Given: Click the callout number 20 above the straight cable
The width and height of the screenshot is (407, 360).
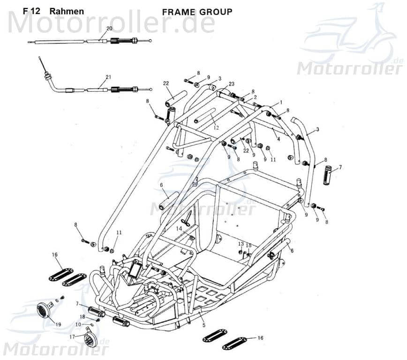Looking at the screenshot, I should pos(109,29).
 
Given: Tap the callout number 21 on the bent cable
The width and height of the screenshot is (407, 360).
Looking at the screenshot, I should pos(108,77).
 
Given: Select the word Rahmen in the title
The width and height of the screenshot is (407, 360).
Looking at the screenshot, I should pos(67,11).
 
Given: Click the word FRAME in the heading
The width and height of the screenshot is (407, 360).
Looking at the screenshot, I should pos(179,12).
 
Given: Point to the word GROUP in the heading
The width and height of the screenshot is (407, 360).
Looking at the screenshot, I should pos(215,12).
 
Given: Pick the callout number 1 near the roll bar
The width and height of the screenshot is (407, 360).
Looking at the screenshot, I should pos(281,102).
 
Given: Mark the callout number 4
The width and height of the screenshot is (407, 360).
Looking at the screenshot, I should pos(278,139).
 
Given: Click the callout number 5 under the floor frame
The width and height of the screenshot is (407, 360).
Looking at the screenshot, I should pos(203,325).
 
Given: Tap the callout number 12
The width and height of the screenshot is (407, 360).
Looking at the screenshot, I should pos(216,127).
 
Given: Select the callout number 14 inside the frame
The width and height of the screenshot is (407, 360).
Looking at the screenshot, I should pos(179,228).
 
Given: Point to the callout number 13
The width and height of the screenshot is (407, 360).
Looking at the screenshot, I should pos(241,244).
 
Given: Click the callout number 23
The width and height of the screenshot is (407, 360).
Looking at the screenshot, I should pos(232,84).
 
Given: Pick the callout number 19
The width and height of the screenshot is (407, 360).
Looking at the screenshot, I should pos(58,324).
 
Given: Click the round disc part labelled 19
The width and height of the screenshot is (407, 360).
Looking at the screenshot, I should pos(44,310).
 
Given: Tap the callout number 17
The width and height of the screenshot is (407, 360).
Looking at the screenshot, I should pos(72,337).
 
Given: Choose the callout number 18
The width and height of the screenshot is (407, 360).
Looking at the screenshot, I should pos(82,317).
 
